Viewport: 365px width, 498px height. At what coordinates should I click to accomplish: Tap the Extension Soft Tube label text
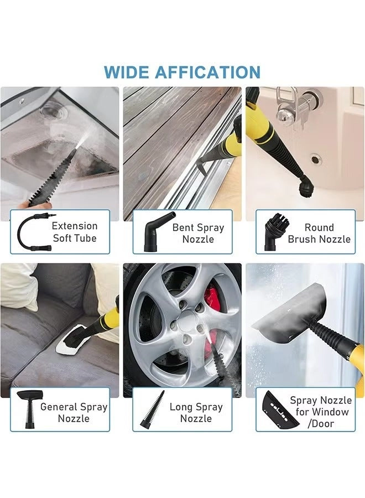75,232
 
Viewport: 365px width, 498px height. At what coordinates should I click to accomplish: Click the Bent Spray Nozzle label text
198,234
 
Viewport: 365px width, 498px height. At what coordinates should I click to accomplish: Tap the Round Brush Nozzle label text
319,234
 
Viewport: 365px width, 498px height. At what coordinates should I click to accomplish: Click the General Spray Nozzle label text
74,412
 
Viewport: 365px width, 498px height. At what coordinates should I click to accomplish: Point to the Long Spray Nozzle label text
196,412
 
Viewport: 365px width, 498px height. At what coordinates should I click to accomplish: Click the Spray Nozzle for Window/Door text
321,412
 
